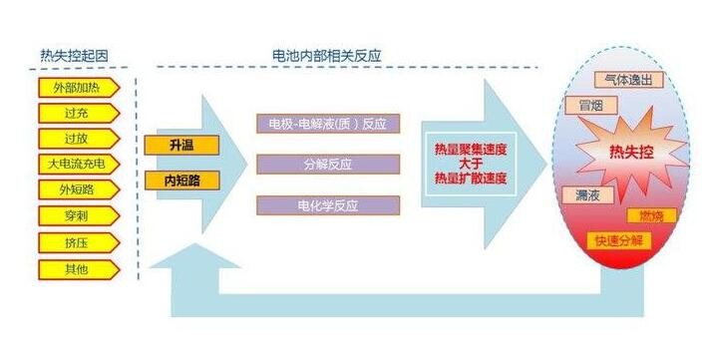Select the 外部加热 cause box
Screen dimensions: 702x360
[x=77, y=87]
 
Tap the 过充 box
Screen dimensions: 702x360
[x=77, y=113]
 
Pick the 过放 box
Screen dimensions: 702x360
[x=77, y=139]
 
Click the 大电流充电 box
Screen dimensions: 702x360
[x=77, y=164]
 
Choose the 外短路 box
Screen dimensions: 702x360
[x=77, y=189]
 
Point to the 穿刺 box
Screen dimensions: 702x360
[x=77, y=215]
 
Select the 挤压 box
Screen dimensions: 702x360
[x=77, y=242]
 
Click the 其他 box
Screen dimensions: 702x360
[x=77, y=268]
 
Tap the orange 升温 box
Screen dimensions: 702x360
[x=181, y=146]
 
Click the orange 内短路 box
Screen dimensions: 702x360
[x=181, y=180]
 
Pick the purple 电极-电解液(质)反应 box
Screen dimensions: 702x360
[x=328, y=125]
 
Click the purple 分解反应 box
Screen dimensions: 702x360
[x=328, y=165]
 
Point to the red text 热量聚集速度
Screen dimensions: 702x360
[x=470, y=150]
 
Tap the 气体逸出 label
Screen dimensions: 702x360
[x=627, y=78]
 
